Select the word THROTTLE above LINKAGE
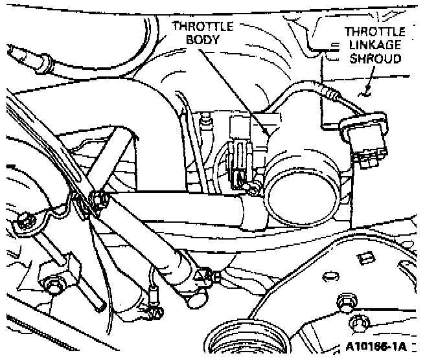click(374, 31)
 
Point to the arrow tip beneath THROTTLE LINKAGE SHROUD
click(366, 90)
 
